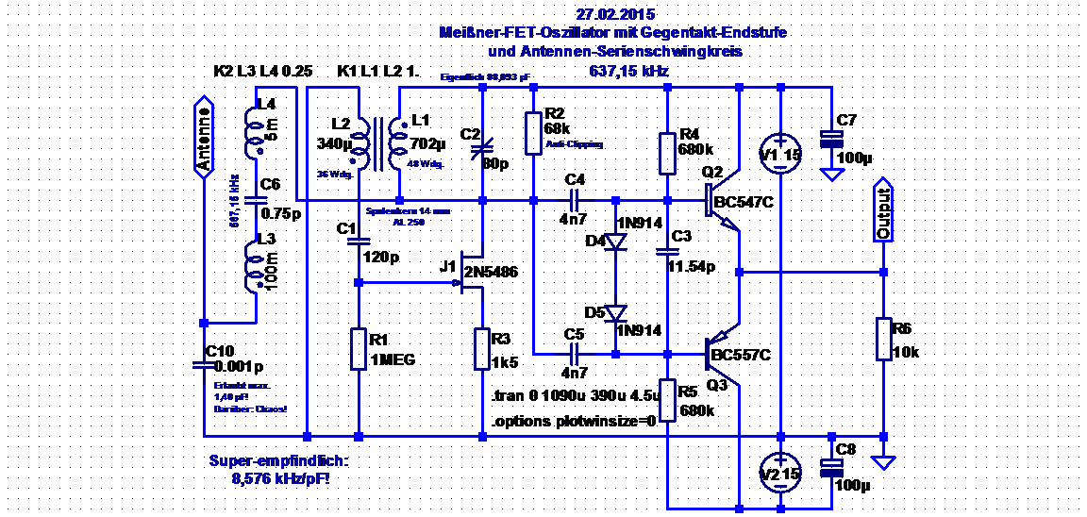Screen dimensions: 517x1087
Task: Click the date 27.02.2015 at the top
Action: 614,15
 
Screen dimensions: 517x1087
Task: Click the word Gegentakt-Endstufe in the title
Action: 717,33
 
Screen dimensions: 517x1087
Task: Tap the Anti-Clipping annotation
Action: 574,144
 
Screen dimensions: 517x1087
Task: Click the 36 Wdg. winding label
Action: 334,175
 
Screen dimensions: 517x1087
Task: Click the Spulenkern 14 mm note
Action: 409,211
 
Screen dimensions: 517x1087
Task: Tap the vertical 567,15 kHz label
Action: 233,201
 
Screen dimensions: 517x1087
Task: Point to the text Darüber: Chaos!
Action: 250,409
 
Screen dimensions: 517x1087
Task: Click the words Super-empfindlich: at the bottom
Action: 278,461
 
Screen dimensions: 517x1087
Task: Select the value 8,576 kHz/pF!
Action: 280,479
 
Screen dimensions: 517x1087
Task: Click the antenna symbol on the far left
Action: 204,136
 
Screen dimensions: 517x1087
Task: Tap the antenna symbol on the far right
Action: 882,208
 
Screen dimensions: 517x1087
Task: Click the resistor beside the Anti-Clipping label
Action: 533,131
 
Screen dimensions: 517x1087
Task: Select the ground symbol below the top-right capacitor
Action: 831,175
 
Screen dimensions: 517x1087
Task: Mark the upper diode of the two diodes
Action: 616,242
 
